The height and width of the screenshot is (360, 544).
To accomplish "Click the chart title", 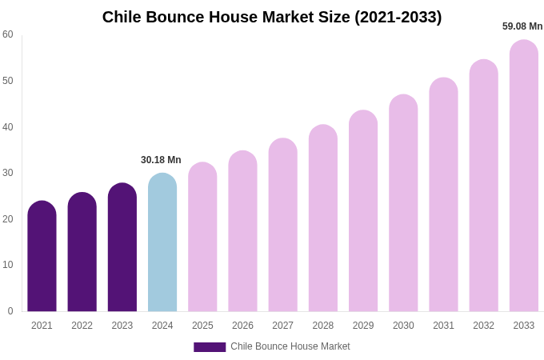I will tap(272, 17).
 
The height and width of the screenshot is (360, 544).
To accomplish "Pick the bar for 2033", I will tap(524, 176).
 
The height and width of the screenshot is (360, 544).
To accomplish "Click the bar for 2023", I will tap(122, 247).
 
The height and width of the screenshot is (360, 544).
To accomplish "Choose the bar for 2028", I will tap(323, 218).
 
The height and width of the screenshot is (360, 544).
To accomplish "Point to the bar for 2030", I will tap(403, 203).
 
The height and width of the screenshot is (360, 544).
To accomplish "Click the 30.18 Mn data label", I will tap(161, 160).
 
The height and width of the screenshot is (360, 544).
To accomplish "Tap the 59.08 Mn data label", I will tap(522, 26).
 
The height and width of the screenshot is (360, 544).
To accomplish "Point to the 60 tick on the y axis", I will tap(8, 34).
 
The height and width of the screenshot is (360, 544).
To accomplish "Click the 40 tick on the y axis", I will tap(8, 126).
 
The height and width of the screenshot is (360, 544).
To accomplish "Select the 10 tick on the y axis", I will tap(8, 265).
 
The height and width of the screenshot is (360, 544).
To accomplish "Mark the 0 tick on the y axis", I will tap(10, 311).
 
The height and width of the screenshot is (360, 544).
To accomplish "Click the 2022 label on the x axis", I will tap(82, 326).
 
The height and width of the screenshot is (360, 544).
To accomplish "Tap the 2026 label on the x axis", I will tap(242, 326).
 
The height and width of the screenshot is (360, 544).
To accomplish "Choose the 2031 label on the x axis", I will tap(443, 326).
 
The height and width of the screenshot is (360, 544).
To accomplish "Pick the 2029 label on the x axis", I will tap(363, 326).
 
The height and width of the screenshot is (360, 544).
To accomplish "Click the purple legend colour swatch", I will tap(210, 347).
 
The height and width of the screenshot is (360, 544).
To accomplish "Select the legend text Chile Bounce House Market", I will tap(290, 346).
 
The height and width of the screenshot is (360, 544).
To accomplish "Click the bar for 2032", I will tap(483, 186).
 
